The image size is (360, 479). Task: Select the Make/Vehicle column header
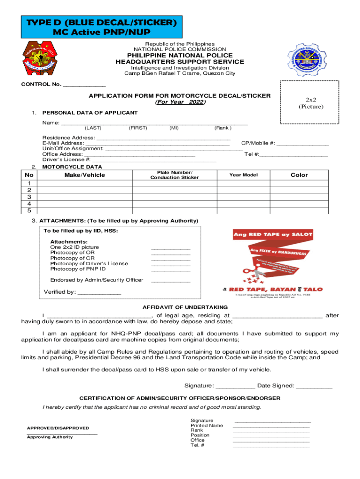[85, 175]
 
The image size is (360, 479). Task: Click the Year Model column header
[243, 175]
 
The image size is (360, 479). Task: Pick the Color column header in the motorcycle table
[299, 175]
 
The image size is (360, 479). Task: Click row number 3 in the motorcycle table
[29, 197]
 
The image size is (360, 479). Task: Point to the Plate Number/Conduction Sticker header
[174, 175]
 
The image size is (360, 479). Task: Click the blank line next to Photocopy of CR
[171, 259]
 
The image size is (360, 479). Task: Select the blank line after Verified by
[99, 293]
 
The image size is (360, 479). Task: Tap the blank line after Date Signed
[314, 387]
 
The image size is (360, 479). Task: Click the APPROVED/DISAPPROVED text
[58, 428]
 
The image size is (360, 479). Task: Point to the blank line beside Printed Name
[271, 427]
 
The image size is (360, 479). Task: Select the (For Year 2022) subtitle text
[180, 102]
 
